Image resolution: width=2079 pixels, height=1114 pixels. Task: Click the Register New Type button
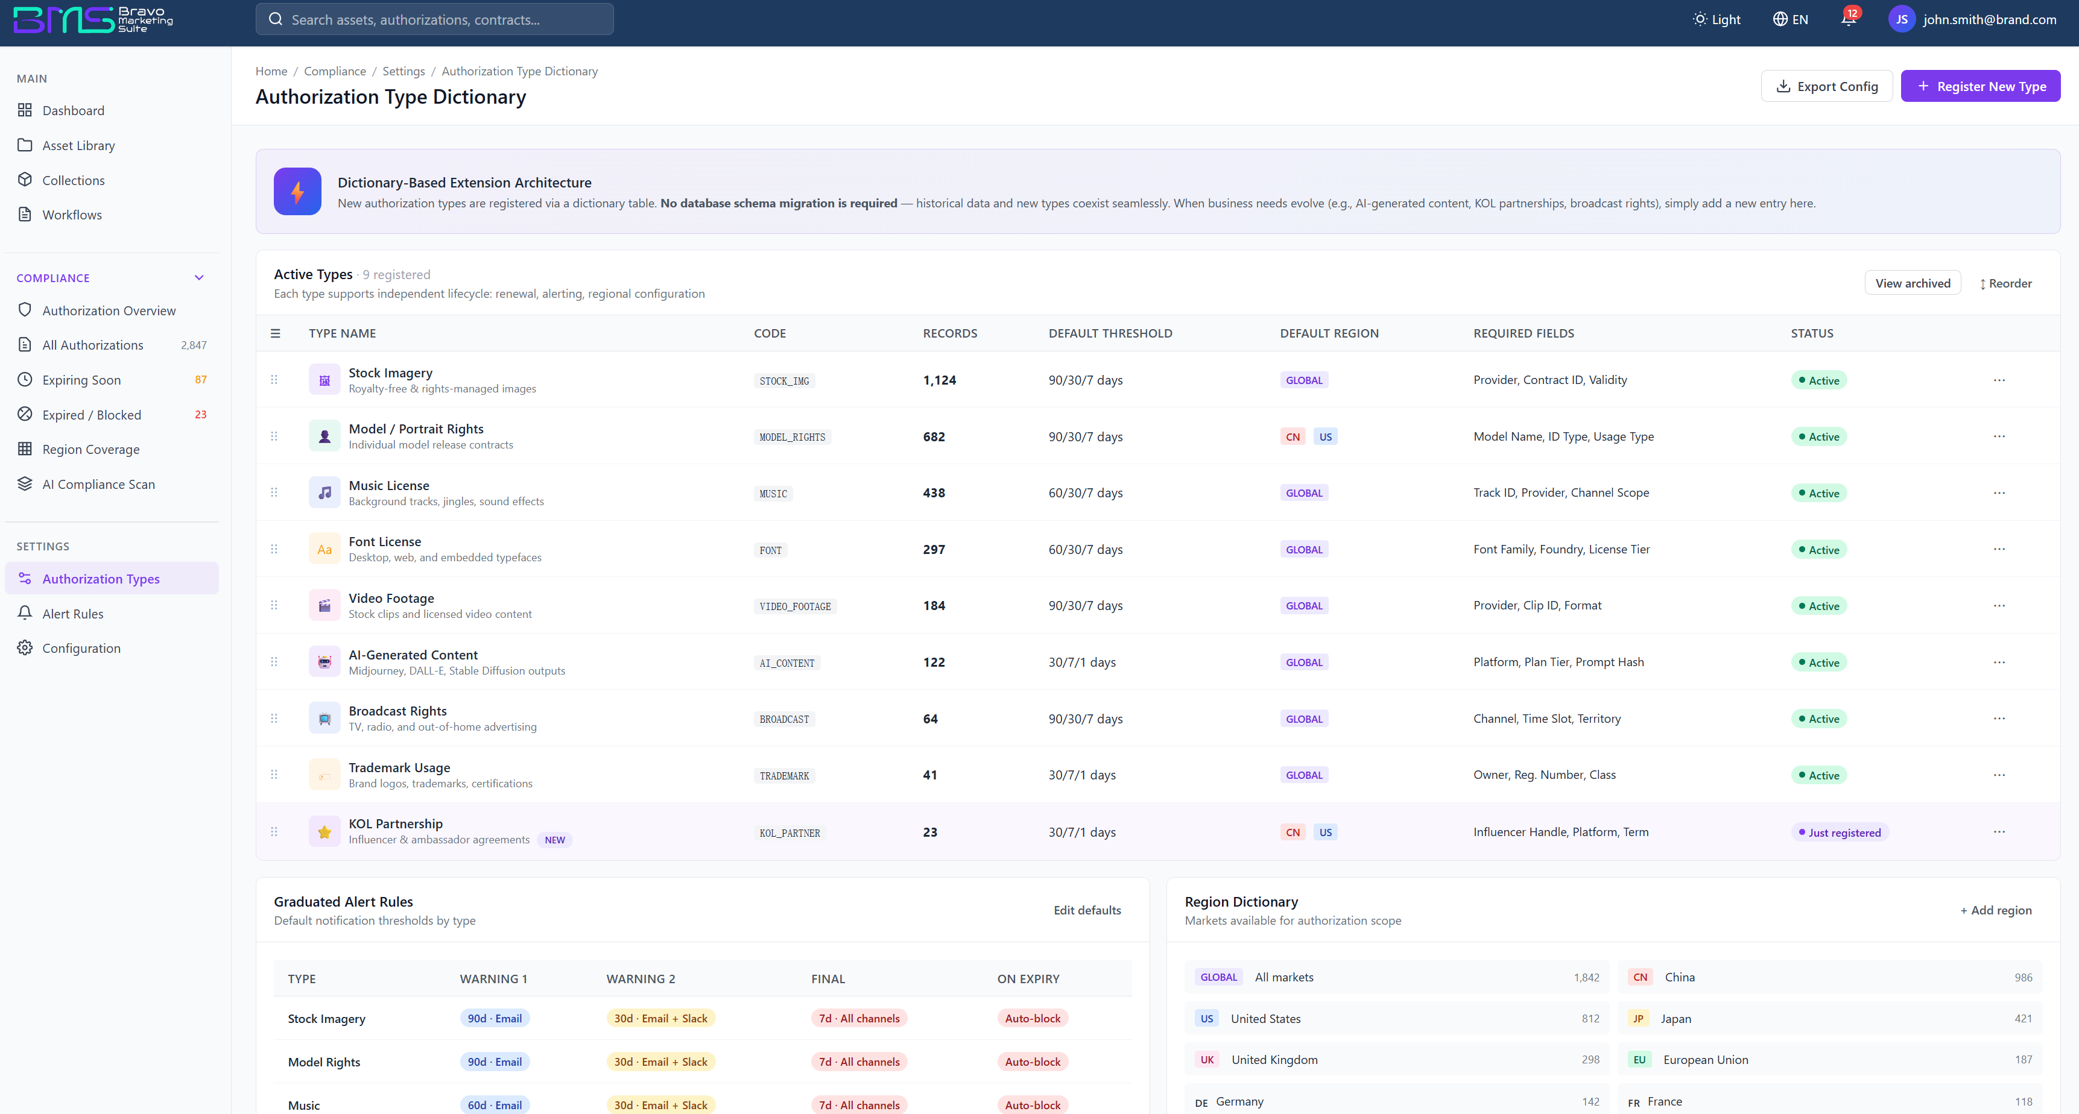(1979, 86)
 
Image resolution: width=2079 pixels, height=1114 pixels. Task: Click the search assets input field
(434, 19)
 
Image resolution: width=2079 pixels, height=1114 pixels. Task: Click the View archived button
(1912, 283)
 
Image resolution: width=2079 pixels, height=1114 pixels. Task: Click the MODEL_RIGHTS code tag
(792, 437)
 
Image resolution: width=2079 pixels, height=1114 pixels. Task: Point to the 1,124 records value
(940, 380)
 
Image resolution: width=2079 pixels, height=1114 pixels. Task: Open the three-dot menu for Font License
(1999, 549)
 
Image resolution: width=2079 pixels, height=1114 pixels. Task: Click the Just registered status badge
(1840, 832)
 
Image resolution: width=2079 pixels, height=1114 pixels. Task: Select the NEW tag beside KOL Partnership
(555, 840)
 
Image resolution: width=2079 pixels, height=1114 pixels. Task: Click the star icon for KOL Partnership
(324, 832)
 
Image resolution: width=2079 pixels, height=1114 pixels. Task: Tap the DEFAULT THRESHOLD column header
(1110, 333)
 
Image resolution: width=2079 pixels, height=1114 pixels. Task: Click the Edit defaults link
(1087, 910)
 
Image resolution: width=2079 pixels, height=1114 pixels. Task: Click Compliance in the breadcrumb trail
(335, 71)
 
